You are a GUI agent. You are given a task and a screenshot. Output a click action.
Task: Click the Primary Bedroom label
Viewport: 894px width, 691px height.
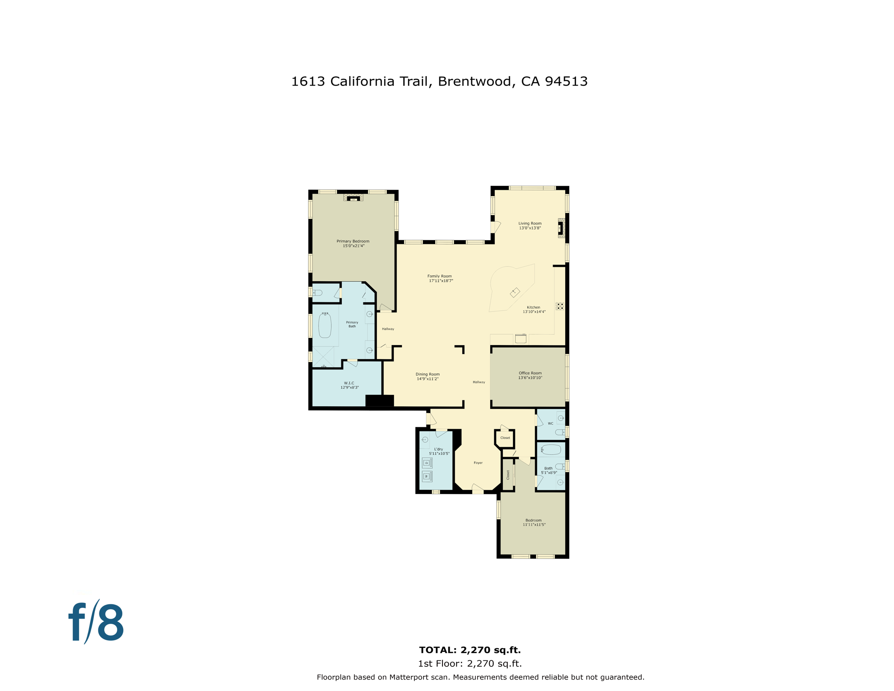click(x=353, y=243)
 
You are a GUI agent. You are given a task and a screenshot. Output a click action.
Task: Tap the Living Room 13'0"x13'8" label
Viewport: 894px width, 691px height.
click(x=530, y=225)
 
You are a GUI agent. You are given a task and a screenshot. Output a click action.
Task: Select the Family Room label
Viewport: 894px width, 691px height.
click(x=440, y=278)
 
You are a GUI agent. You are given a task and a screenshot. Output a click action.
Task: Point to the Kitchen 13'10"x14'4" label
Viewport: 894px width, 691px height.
click(x=534, y=310)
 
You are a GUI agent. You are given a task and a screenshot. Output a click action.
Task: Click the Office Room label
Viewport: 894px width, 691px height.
click(x=530, y=375)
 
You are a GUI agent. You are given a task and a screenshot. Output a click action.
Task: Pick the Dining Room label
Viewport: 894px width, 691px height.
click(x=428, y=377)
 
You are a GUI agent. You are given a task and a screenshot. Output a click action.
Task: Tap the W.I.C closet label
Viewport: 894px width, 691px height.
click(x=349, y=385)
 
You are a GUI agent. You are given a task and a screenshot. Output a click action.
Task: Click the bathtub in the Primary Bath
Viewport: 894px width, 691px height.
click(x=325, y=325)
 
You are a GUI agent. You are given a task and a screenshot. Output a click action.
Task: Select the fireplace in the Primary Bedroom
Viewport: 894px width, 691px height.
click(x=353, y=198)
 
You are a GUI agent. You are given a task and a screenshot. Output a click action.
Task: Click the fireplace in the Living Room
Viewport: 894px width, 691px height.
click(x=561, y=228)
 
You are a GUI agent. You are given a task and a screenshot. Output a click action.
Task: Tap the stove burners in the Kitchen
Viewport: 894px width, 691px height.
click(x=559, y=306)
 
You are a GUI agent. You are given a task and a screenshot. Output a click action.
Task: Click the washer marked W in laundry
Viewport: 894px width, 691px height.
click(x=427, y=476)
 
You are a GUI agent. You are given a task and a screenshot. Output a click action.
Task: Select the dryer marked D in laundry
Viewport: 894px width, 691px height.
click(x=427, y=463)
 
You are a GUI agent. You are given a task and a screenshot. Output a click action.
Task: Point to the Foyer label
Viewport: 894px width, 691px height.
click(x=478, y=462)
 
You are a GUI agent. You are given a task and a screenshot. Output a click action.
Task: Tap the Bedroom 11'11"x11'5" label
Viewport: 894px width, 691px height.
click(x=534, y=522)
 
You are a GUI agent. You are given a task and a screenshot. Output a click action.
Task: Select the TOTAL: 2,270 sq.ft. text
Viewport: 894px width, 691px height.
click(x=469, y=650)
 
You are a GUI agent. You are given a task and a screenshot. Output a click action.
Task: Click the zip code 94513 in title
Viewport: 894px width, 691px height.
click(x=566, y=81)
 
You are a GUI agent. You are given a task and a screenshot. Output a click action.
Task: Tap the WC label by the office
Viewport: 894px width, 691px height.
click(x=550, y=423)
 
